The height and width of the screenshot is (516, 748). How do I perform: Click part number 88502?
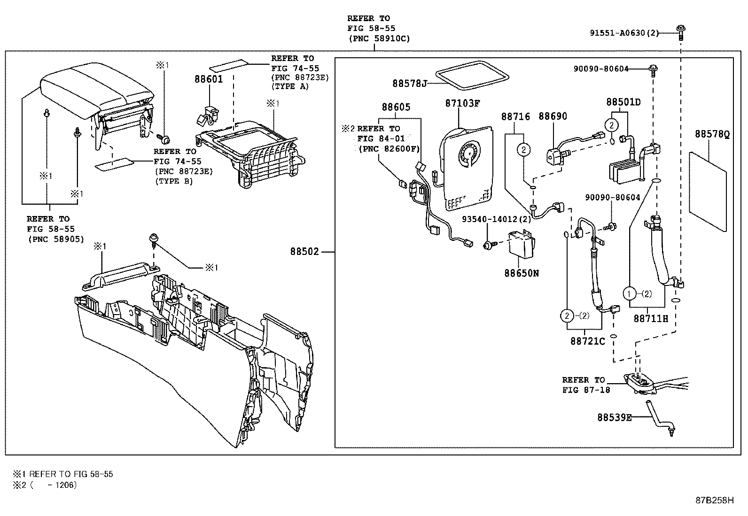pos(304,252)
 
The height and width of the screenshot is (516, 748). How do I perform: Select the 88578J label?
pos(409,84)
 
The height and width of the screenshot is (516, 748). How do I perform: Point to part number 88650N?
pos(522,273)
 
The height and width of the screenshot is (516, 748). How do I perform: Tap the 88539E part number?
pos(614,417)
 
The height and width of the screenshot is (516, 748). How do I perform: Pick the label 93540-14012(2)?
pos(496,219)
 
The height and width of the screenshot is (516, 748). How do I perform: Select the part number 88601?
pos(209,79)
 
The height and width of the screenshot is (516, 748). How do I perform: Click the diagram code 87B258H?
pos(714,500)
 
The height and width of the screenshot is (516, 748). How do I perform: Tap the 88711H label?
pos(650,318)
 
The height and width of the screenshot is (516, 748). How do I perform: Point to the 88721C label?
pos(587,341)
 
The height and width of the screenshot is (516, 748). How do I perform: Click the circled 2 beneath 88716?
pos(523,150)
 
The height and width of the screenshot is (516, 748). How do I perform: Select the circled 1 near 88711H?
pos(629,293)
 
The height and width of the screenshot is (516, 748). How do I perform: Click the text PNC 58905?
pos(55,239)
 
